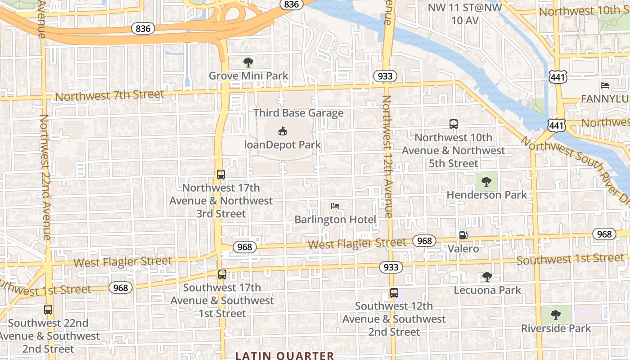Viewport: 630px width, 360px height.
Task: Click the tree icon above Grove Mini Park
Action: (x=248, y=62)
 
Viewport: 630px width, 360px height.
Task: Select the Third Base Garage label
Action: (x=298, y=113)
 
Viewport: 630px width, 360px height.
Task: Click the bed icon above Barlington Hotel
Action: (x=335, y=206)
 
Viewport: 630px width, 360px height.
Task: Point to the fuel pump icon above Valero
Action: (x=463, y=235)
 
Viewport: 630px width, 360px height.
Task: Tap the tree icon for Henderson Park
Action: (x=486, y=181)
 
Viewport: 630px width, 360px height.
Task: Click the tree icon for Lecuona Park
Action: (x=487, y=276)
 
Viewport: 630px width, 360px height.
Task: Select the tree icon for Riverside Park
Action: (x=556, y=314)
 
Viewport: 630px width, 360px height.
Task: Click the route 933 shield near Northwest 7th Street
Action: (x=385, y=76)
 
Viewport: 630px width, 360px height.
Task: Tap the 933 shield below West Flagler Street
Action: (x=391, y=267)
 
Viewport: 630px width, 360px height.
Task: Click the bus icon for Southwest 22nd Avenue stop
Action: (x=48, y=310)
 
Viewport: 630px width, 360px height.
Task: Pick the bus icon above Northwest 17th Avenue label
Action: (x=220, y=174)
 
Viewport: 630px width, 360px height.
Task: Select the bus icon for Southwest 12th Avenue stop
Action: (x=394, y=292)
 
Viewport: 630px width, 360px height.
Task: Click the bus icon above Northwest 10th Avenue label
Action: (x=453, y=124)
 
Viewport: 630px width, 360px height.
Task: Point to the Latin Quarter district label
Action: (x=285, y=355)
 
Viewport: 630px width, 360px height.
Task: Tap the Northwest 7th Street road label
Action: (x=109, y=95)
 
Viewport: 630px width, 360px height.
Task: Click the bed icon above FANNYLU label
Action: (x=605, y=85)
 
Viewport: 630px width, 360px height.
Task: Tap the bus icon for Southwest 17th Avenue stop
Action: (x=222, y=274)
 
